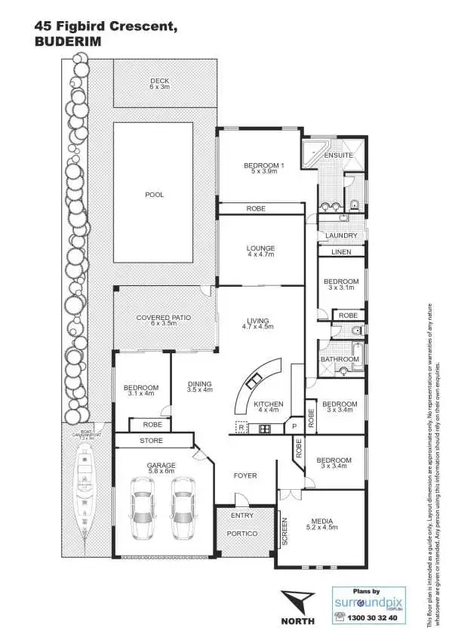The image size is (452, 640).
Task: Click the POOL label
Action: click(x=154, y=195)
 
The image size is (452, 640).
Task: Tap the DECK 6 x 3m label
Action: click(x=159, y=83)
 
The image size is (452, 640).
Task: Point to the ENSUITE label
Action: click(x=339, y=155)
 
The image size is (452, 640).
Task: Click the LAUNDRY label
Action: click(x=340, y=235)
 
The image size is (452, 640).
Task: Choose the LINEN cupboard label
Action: click(x=340, y=251)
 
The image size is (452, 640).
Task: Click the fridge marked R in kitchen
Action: click(x=241, y=428)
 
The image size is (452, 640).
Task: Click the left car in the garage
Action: click(x=142, y=509)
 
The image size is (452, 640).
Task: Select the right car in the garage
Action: click(x=184, y=509)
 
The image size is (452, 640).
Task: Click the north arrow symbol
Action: click(x=297, y=604)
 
